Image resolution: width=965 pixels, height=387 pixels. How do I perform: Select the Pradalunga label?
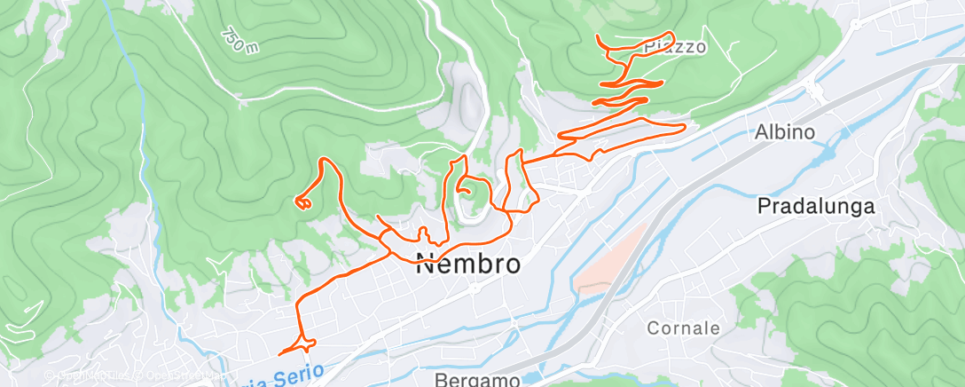click(x=816, y=207)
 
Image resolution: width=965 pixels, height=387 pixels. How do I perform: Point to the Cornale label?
click(x=683, y=328)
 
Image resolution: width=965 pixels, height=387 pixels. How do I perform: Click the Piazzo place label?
click(x=676, y=47)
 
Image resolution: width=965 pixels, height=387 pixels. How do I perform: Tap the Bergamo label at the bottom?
click(x=477, y=380)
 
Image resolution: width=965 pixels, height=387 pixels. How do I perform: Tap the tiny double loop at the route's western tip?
click(x=303, y=203)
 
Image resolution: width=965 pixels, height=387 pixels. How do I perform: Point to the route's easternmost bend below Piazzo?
click(x=683, y=130)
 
